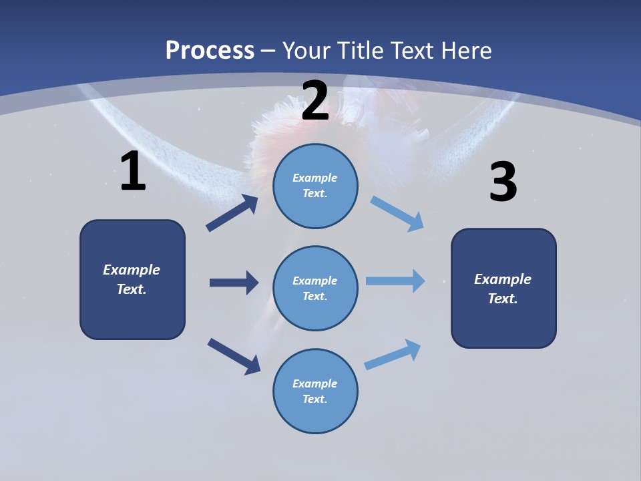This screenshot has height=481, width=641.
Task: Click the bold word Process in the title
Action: coord(210,50)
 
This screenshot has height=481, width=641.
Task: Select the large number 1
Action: coord(133,172)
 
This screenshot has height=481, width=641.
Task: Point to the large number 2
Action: coord(315,101)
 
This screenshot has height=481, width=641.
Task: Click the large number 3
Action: coord(503,182)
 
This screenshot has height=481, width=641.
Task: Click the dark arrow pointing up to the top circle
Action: coord(232,213)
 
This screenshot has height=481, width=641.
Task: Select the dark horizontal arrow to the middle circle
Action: coord(234,283)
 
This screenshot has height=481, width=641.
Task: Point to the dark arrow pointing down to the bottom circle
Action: coord(234,356)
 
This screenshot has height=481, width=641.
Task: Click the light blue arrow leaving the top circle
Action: coord(397,214)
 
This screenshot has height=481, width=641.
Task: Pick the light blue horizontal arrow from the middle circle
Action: coord(395,281)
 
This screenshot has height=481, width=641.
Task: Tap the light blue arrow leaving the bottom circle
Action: coord(393,354)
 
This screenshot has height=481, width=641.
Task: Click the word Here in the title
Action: coord(465,50)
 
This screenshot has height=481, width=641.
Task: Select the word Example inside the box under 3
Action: coord(503,279)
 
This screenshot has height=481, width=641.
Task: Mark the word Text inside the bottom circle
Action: coord(314,399)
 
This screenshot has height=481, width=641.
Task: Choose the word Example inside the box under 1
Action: coord(132,270)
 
